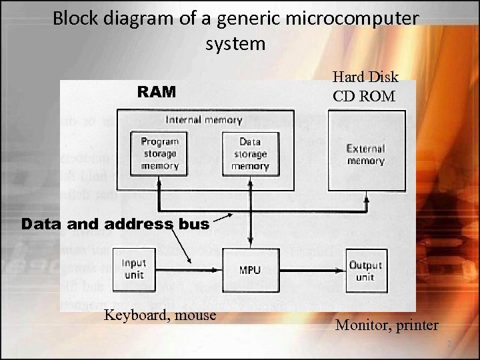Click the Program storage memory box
pyautogui.click(x=159, y=153)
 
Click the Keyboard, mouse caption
pyautogui.click(x=160, y=315)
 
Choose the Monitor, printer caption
pyautogui.click(x=387, y=325)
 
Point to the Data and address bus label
pyautogui.click(x=115, y=225)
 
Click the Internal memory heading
pyautogui.click(x=203, y=121)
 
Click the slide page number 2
pyautogui.click(x=449, y=345)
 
